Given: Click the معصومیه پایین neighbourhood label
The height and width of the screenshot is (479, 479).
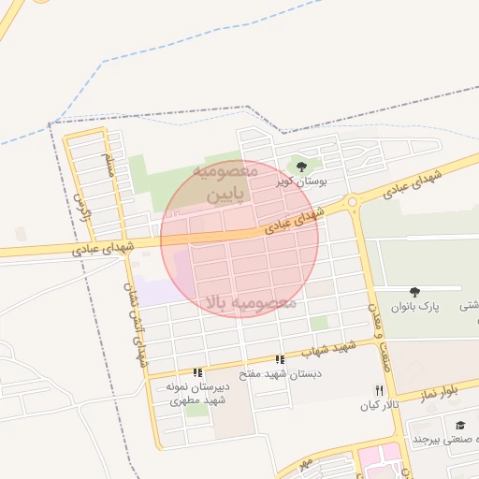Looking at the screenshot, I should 225,183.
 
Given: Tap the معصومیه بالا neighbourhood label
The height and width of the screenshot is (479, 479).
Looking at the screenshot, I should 249,303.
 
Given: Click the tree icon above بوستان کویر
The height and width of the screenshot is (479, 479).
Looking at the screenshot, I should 300,167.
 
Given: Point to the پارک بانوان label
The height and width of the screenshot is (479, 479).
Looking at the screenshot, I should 415,307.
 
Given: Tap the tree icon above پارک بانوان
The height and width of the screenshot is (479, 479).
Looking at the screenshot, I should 415,293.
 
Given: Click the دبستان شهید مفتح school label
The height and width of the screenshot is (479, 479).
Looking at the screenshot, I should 280,373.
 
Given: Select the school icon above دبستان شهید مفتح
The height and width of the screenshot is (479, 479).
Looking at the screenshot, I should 280,359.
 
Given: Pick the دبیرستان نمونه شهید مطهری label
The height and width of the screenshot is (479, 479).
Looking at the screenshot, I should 197,393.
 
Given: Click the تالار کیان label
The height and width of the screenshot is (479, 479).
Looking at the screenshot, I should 379,406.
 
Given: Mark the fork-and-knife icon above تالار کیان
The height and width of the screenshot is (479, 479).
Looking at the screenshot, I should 379,390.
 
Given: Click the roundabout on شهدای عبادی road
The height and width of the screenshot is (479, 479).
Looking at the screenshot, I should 352,201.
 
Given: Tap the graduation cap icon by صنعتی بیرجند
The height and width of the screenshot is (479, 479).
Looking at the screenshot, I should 461,426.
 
